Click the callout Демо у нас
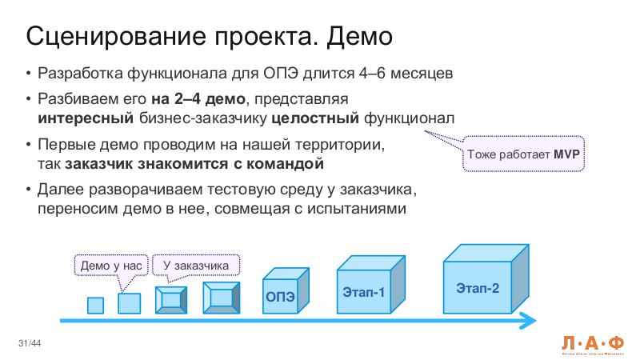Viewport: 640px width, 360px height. tap(111, 265)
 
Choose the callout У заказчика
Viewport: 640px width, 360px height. tap(196, 265)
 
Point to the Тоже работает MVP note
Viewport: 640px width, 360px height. tap(524, 153)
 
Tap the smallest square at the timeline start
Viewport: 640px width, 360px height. tap(95, 305)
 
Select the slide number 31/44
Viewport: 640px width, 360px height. tap(30, 344)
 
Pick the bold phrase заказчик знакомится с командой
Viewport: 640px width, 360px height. tap(194, 164)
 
